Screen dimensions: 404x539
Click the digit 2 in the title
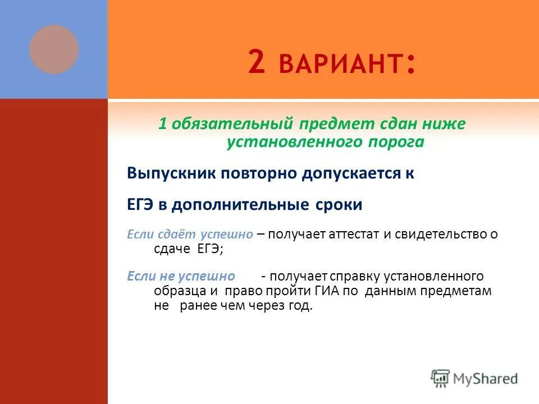(255, 62)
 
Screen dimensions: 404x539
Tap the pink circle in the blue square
(54, 49)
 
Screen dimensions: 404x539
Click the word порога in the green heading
(396, 143)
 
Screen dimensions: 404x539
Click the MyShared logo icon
(441, 378)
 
